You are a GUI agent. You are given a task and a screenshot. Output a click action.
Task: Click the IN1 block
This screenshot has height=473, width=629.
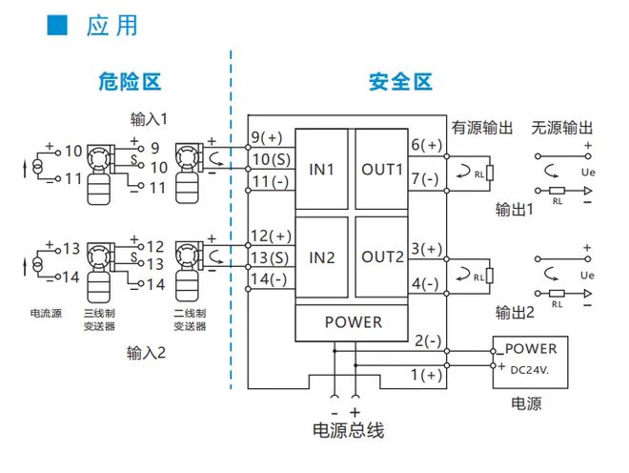[x=321, y=171]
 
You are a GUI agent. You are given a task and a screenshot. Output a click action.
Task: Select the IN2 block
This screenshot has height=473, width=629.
[x=321, y=257]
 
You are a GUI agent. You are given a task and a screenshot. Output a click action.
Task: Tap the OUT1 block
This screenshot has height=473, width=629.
[x=382, y=171]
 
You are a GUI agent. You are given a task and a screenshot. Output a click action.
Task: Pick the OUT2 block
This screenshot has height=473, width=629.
[x=382, y=257]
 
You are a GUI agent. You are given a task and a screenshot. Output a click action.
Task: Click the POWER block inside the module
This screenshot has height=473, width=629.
[x=353, y=321]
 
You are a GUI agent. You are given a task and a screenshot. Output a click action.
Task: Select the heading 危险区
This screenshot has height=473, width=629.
[x=130, y=82]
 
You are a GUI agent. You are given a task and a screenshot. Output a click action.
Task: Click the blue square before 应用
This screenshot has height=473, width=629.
[x=58, y=26]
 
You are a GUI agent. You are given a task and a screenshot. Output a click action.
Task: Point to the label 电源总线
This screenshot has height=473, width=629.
[x=348, y=431]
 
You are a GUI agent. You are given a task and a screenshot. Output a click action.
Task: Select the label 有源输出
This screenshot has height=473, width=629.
[x=481, y=128]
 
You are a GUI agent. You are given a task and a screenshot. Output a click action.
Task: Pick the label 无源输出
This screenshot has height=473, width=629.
[x=562, y=128]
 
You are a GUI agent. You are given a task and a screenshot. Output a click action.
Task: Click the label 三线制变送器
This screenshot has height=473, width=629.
[x=100, y=319]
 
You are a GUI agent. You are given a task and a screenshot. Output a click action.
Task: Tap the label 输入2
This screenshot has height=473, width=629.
[x=148, y=353]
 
